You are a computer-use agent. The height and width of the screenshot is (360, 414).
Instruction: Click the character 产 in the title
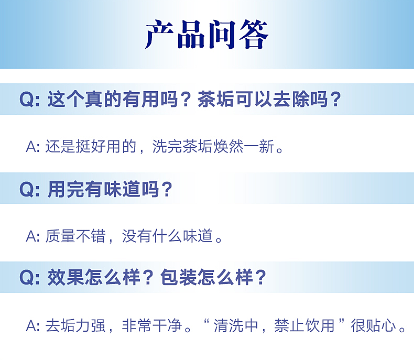(x=159, y=34)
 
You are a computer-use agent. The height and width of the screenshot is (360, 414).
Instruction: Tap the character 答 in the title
(x=254, y=34)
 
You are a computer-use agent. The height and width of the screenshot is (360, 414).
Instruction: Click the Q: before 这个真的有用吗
(x=29, y=100)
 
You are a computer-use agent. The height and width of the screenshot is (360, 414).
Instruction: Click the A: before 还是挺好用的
(x=32, y=147)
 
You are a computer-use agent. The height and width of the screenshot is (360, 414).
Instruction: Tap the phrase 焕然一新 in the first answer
(x=244, y=147)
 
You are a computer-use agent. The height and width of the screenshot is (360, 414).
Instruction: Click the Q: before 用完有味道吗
(x=29, y=189)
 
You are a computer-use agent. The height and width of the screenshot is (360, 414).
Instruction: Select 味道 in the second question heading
(x=122, y=189)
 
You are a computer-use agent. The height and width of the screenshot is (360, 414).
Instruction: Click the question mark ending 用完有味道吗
(x=167, y=189)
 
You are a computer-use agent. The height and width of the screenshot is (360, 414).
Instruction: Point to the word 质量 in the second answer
(x=60, y=236)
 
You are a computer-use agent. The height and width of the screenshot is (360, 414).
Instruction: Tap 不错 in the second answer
(x=91, y=236)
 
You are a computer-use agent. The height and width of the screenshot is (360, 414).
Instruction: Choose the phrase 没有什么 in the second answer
(x=152, y=236)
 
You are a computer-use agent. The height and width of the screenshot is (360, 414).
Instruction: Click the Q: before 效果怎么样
(x=29, y=278)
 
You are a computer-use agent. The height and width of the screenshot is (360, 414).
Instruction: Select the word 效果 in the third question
(x=66, y=278)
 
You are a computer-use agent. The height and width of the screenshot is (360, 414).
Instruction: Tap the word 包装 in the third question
(x=179, y=278)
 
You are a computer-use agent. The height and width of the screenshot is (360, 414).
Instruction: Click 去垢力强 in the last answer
(x=75, y=326)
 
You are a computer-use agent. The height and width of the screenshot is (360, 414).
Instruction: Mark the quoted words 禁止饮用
(x=304, y=326)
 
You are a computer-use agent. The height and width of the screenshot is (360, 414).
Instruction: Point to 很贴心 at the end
(x=373, y=326)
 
